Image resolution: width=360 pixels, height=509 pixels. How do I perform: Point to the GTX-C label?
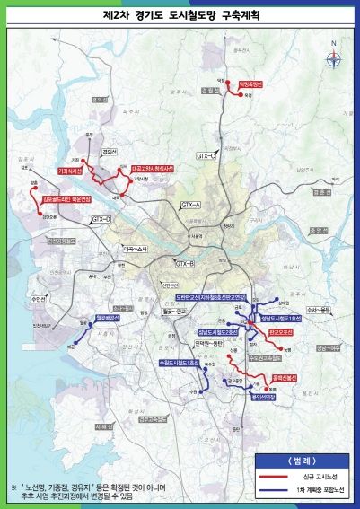pos(208,155)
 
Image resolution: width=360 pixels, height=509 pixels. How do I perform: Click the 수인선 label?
pos(38,297)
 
